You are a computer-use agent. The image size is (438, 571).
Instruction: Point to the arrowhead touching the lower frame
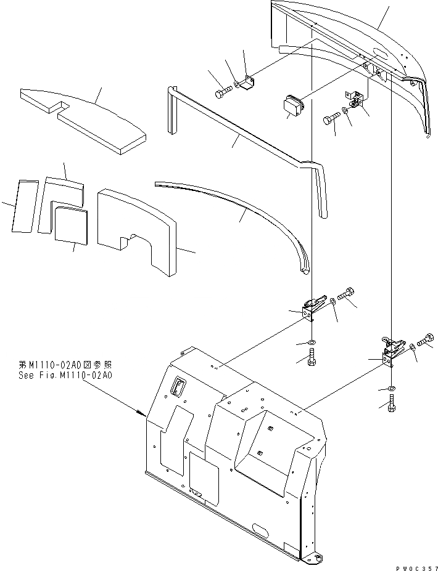[x=142, y=413]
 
